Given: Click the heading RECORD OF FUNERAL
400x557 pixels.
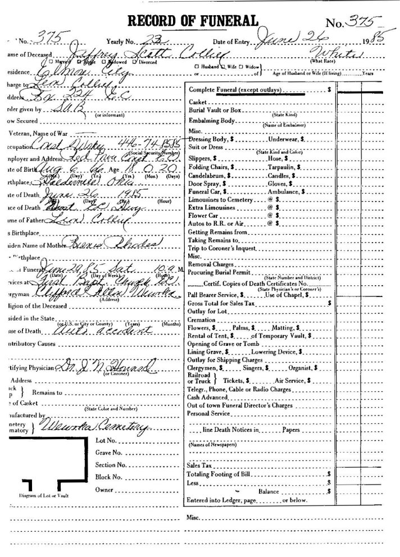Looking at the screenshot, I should pyautogui.click(x=193, y=21).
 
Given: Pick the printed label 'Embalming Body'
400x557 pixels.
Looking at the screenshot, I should pyautogui.click(x=211, y=121).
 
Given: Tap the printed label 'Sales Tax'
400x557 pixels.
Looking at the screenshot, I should pyautogui.click(x=199, y=465).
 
